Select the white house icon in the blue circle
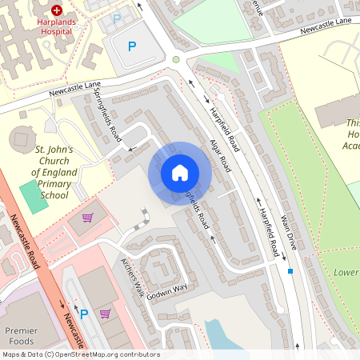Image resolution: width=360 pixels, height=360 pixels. pos(180,172)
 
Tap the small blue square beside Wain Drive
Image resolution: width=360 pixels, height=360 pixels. pos(290,272)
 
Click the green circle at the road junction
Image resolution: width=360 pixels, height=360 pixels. pos(176,59)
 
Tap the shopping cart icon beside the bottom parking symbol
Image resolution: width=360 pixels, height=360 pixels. pos(105,314)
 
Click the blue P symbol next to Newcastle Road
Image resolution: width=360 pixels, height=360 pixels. pos(83,314)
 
